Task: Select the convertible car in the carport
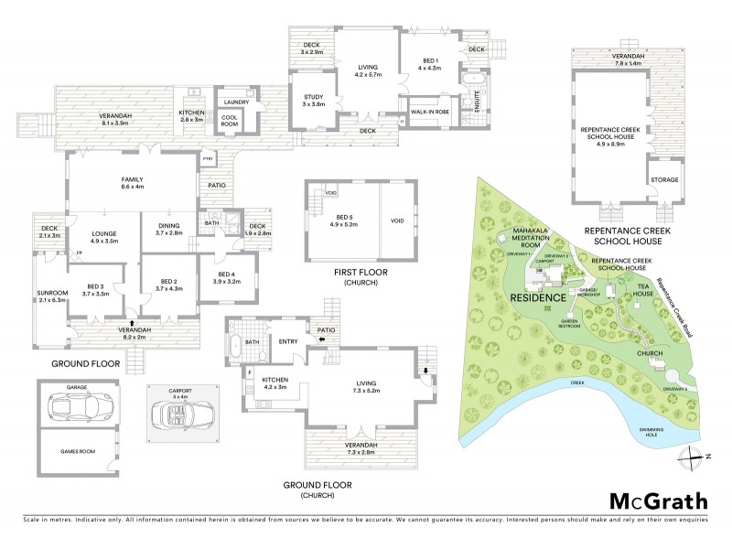(x=181, y=417)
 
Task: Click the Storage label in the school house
(x=663, y=180)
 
